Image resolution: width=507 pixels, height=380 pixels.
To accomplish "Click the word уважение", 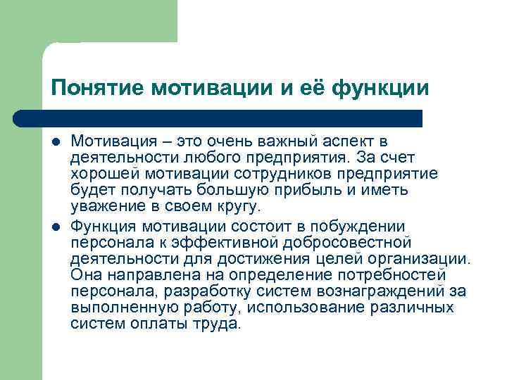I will tap(104, 205).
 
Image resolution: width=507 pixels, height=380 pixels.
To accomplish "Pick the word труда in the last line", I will tap(218, 324).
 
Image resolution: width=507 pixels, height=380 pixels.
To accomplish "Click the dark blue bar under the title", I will tap(232, 118).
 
